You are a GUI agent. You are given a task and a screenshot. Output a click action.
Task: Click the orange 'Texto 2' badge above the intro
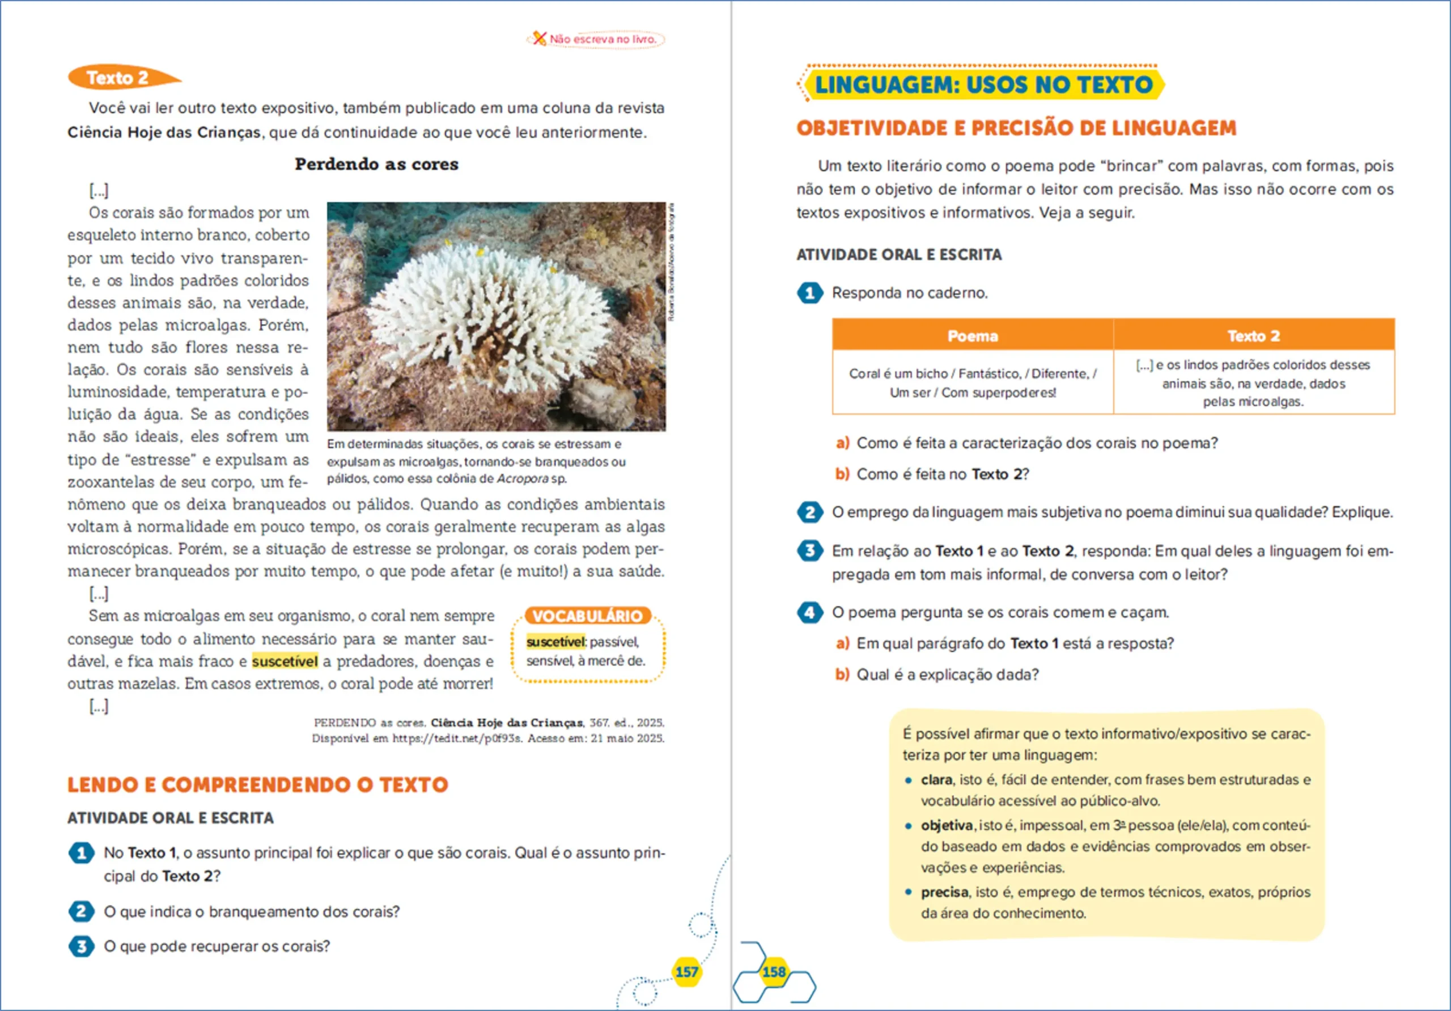118,78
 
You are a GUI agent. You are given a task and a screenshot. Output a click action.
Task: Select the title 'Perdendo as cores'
377,164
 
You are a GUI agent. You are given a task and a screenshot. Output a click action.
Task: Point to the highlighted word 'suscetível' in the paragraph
285,661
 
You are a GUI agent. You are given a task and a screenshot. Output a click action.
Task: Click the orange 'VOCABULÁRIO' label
587,616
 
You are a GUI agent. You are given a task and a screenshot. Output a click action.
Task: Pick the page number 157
686,972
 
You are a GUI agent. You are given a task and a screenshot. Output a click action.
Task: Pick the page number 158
774,972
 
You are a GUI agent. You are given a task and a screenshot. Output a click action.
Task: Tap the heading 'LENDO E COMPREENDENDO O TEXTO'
258,785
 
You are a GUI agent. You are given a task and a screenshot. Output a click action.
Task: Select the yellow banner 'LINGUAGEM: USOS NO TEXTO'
983,84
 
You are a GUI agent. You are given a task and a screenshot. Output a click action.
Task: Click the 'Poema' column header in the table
973,336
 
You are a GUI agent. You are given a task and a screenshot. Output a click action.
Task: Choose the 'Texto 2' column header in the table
1253,336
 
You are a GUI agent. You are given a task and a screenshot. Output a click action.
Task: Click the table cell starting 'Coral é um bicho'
973,383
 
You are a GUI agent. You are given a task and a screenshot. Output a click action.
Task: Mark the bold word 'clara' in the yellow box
936,780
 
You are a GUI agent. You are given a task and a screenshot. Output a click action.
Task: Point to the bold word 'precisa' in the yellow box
944,892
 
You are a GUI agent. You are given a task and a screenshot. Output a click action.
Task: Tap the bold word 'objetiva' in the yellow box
946,825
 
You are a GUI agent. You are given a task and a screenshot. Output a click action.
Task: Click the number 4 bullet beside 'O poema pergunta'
809,612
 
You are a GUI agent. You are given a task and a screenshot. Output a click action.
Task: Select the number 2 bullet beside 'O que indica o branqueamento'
82,912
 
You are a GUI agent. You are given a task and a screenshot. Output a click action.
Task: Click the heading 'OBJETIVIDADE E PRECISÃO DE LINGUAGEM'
1016,128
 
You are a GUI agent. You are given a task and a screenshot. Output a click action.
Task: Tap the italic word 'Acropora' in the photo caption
523,479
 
